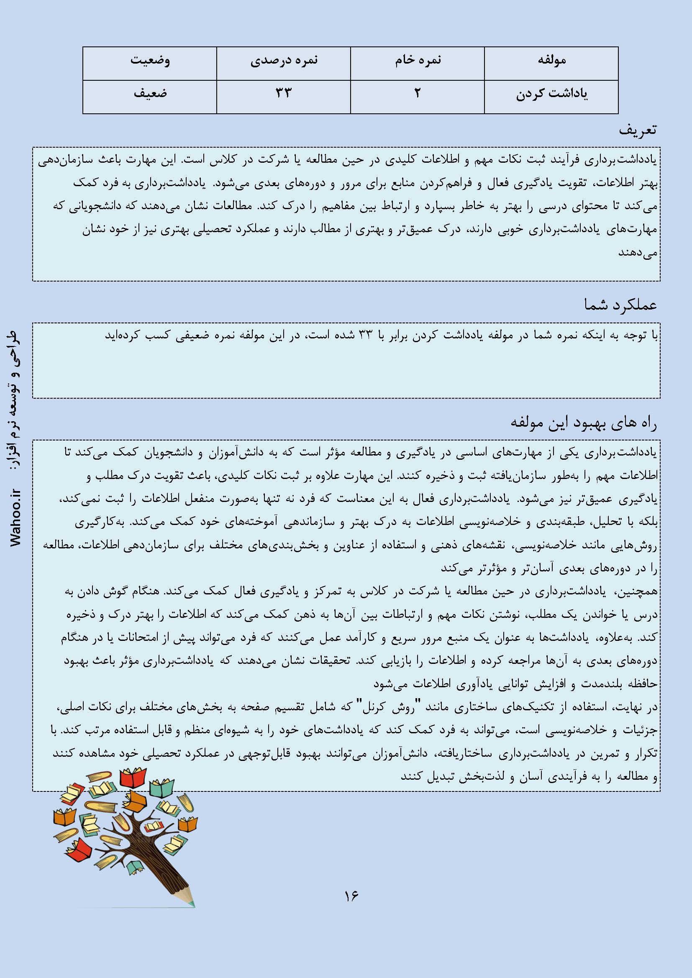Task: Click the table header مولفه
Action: coord(551,60)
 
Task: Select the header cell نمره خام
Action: coord(417,60)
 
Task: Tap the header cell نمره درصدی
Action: coord(283,60)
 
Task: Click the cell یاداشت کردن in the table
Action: coord(551,94)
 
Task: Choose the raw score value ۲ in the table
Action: coord(417,94)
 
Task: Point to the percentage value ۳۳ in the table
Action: coord(283,94)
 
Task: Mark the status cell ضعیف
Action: coord(150,94)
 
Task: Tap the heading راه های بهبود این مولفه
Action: coord(584,422)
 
